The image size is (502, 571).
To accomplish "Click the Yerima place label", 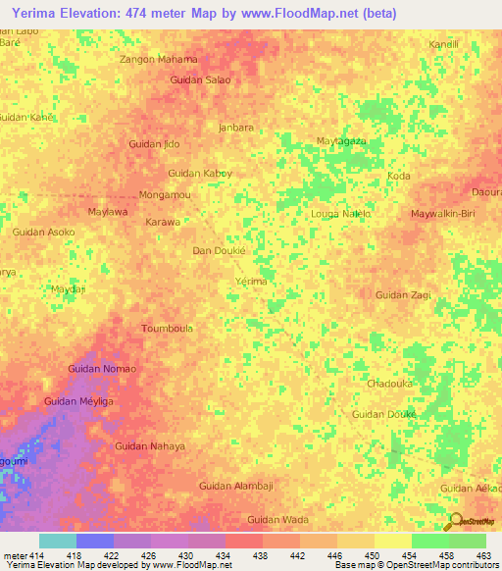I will pos(252,282).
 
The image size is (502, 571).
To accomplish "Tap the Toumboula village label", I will pos(167,329).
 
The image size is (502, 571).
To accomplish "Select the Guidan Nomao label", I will pos(102,368).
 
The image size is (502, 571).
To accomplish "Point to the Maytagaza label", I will pos(340,141).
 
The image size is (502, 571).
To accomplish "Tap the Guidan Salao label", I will pos(200,79).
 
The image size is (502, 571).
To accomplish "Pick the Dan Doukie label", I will pos(218,251).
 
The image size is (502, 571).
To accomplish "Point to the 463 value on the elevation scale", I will pos(483,556).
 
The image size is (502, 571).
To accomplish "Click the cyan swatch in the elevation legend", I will pos(57,541).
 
